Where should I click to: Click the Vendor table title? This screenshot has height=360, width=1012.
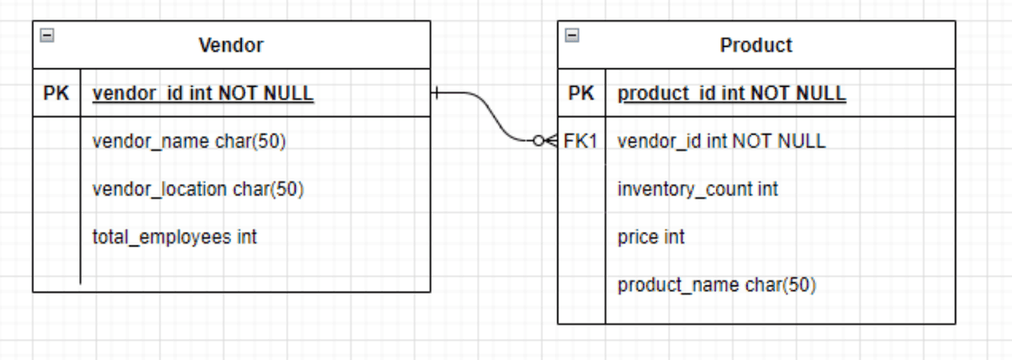[x=231, y=46]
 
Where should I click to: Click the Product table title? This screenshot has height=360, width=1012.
[x=756, y=46]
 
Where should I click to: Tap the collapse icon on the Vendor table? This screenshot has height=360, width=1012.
[x=48, y=35]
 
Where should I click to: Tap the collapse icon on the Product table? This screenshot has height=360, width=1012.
[x=573, y=35]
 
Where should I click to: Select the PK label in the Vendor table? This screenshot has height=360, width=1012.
[x=57, y=94]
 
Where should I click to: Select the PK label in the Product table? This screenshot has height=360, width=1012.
[x=581, y=94]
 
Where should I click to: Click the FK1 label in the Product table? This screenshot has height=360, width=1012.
[x=580, y=142]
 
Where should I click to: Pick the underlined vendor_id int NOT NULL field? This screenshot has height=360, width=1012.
[x=202, y=94]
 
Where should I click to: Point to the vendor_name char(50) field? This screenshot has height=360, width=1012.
[x=189, y=142]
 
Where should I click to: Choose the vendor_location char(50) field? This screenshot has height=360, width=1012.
[x=197, y=190]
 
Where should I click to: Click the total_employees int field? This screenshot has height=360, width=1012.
[x=174, y=237]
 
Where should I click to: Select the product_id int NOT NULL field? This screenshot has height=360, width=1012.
[x=731, y=94]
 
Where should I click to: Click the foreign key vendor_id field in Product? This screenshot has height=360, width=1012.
[x=721, y=142]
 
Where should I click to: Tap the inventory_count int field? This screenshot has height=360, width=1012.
[x=697, y=190]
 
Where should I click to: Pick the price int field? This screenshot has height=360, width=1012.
[x=651, y=237]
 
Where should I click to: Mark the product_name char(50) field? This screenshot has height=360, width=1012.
[x=717, y=285]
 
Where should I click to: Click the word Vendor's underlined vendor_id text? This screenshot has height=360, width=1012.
[x=126, y=94]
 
